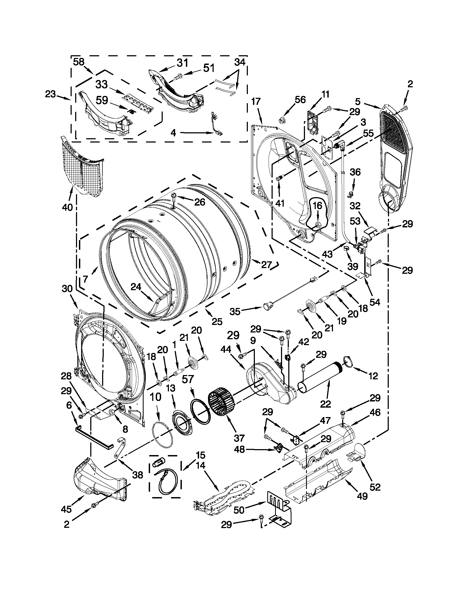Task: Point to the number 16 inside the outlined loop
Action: tap(317, 206)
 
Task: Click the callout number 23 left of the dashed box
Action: tap(51, 95)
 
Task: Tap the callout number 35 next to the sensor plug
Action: tap(235, 312)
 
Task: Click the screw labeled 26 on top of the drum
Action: tap(175, 196)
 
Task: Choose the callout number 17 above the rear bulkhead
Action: tap(256, 102)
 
